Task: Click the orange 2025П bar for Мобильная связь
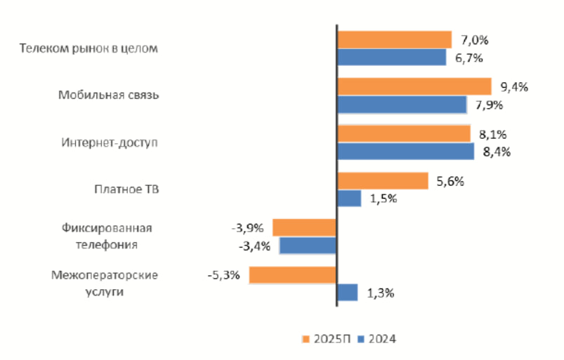[x=414, y=86]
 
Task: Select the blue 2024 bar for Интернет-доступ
[x=405, y=152]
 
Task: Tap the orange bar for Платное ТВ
[x=383, y=181]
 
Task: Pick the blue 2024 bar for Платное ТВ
[x=349, y=199]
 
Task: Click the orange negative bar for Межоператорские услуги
[x=293, y=274]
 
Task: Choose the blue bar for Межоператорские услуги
[x=348, y=292]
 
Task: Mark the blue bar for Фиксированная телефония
[x=308, y=246]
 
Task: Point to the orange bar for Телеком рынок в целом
[x=394, y=39]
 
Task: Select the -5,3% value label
[x=224, y=274]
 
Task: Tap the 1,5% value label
[x=383, y=199]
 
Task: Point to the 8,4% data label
[x=496, y=152]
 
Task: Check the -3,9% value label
[x=247, y=227]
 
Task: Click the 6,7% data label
[x=468, y=58]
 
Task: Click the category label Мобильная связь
[x=109, y=95]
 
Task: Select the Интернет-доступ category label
[x=110, y=142]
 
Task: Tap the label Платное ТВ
[x=126, y=189]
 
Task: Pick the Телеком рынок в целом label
[x=90, y=48]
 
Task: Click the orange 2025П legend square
[x=306, y=339]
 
